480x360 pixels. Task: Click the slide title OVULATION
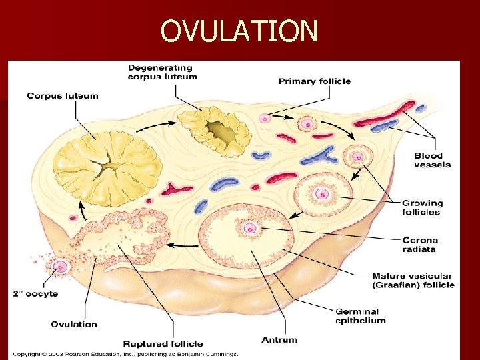click(x=239, y=30)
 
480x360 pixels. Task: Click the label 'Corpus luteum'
click(x=62, y=96)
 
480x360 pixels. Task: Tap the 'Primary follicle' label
click(x=314, y=81)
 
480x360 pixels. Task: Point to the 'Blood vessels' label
click(x=432, y=161)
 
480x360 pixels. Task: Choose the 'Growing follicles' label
click(x=422, y=207)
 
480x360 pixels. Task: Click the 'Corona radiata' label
click(x=420, y=245)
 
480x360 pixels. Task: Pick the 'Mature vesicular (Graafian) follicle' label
click(x=413, y=280)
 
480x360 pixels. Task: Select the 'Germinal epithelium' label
click(x=360, y=316)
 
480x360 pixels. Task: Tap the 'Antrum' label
click(x=279, y=340)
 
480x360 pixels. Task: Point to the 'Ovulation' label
click(x=74, y=325)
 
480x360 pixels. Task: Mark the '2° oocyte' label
click(x=35, y=293)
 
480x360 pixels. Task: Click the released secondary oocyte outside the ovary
click(x=61, y=267)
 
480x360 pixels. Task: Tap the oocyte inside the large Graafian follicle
click(x=251, y=228)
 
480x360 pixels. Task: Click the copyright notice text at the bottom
click(x=125, y=354)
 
